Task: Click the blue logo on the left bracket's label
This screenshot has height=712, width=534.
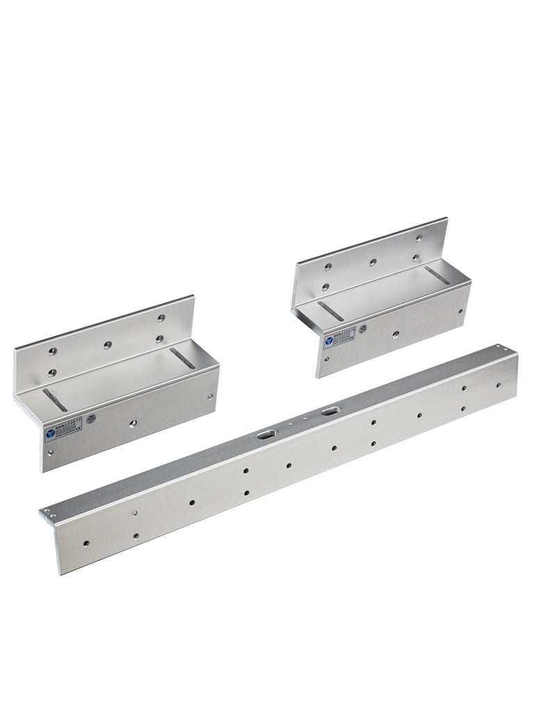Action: click(50, 433)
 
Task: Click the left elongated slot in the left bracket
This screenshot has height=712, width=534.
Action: click(55, 400)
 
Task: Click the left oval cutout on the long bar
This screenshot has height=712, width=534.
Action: click(266, 434)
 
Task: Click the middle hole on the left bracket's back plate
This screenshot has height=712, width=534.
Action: click(106, 345)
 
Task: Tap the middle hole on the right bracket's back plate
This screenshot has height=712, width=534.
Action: click(373, 262)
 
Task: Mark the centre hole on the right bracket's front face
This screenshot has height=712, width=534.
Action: click(395, 334)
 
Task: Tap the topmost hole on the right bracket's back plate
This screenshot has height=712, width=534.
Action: click(419, 238)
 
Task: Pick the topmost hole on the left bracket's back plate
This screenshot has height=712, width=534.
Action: click(161, 318)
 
